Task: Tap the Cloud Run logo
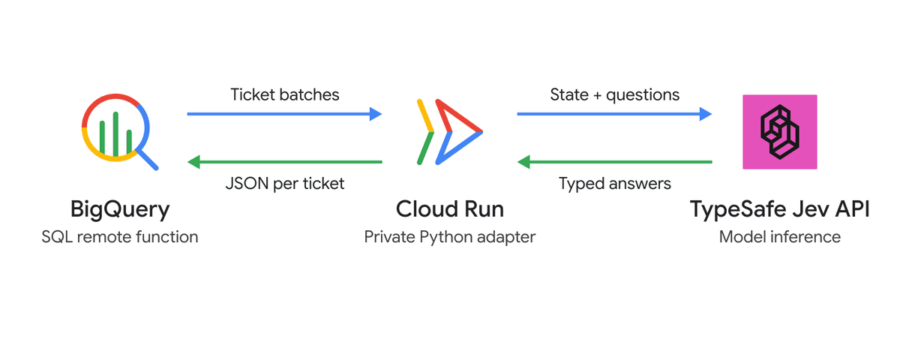[450, 132]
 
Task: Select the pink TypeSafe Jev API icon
[779, 132]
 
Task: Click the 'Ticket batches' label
[284, 94]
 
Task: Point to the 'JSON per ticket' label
[285, 184]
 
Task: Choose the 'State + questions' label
[615, 95]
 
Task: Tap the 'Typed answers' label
[615, 184]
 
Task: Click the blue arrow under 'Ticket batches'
[284, 114]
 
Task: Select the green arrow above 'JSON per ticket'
[284, 162]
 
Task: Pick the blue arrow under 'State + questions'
[614, 114]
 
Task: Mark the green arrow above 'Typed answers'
[614, 162]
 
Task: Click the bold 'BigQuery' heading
[120, 210]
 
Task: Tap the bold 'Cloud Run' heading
[449, 209]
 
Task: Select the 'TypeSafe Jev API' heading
[779, 210]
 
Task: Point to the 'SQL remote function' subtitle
[120, 237]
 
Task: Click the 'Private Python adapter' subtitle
[449, 238]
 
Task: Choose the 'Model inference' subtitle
[779, 237]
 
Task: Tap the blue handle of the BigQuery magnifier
[148, 160]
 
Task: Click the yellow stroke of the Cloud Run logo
[425, 115]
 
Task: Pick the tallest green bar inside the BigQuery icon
[115, 134]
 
